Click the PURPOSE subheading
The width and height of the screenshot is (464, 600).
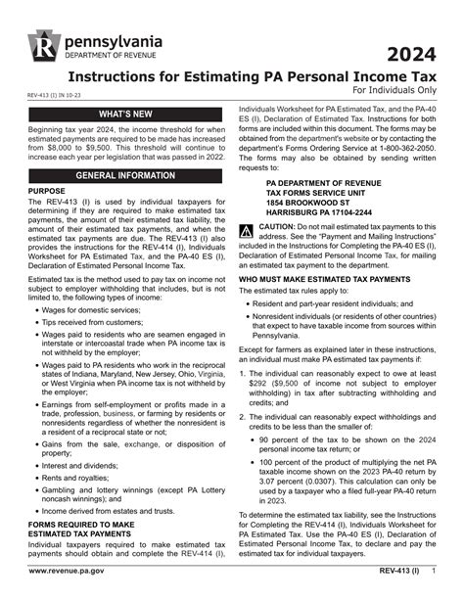click(x=47, y=192)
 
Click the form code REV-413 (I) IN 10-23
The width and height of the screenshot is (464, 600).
click(x=61, y=96)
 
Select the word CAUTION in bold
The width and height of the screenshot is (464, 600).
click(x=281, y=226)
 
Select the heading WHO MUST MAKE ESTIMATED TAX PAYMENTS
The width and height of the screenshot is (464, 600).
click(x=324, y=279)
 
